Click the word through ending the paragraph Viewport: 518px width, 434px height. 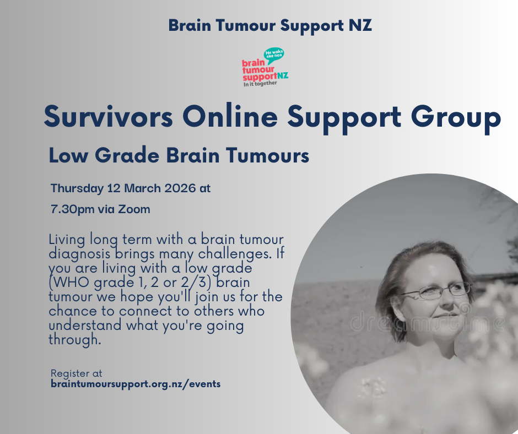pos(74,340)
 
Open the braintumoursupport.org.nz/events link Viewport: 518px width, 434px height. pos(136,384)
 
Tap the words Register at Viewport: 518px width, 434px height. pos(76,373)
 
